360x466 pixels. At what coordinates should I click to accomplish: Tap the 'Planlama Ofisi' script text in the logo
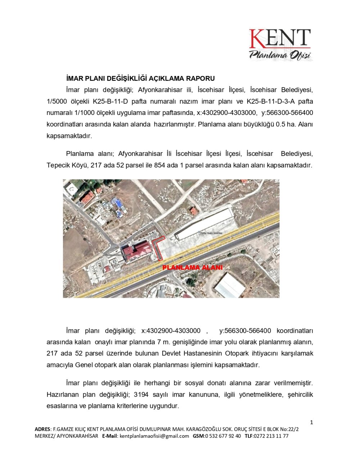tap(280, 55)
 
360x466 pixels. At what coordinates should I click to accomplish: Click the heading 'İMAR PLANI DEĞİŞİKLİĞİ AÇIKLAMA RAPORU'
tap(140, 79)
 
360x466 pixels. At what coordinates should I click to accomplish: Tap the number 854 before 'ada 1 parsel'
tap(159, 165)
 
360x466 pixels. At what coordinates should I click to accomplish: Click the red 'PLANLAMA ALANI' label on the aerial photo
tap(193, 268)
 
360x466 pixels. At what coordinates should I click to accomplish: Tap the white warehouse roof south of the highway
tap(230, 286)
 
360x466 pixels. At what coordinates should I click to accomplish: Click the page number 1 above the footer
tap(311, 422)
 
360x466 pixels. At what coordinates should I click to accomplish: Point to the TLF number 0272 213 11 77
tap(271, 436)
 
